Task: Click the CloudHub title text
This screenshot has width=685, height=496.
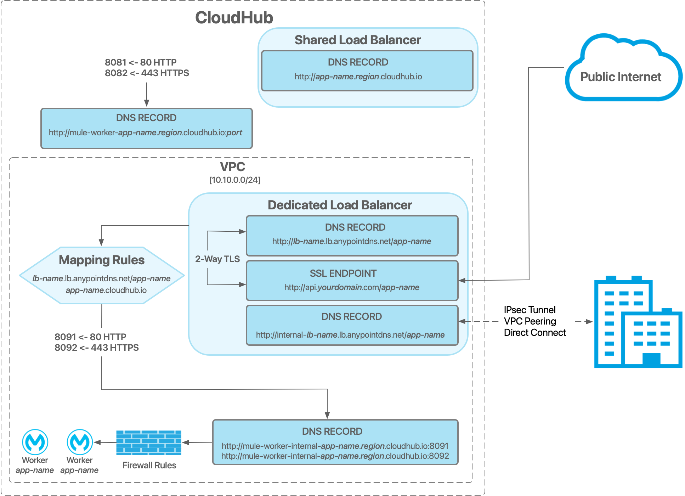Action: pos(234,18)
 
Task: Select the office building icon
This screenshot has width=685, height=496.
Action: pos(638,322)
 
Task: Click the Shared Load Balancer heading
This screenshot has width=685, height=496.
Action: pos(357,40)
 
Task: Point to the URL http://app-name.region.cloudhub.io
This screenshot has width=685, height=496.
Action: pos(358,77)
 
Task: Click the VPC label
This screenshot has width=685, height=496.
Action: pos(232,167)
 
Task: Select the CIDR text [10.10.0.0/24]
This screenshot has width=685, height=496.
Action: pos(234,180)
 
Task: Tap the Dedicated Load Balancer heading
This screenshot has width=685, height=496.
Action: pos(340,205)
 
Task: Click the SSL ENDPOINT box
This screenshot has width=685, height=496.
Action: pos(352,280)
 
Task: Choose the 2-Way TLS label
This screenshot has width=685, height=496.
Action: pos(217,259)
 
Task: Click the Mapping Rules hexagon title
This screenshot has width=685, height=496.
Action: pos(102,260)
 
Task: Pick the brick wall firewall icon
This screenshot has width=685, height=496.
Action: pos(148,443)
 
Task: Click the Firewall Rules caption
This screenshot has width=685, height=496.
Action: pos(149,465)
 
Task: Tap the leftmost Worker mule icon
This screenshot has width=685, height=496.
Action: pos(35,442)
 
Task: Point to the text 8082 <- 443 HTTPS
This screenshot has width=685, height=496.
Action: pos(147,73)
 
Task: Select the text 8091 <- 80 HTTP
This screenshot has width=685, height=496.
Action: pos(90,337)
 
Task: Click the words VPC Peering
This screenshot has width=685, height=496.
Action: pos(530,321)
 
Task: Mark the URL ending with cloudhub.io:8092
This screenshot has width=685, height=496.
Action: pos(335,456)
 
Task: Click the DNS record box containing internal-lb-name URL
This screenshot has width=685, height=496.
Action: pos(352,325)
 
